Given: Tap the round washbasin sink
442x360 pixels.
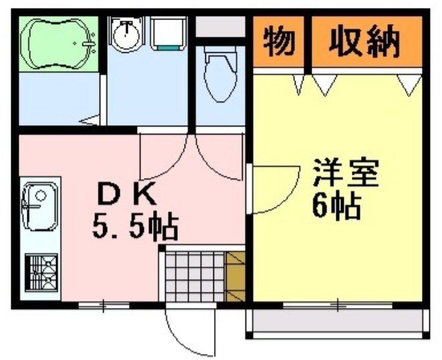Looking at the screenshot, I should click(125, 34).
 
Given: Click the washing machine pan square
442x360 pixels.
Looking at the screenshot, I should click(168, 33).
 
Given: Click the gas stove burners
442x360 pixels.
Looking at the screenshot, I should click(40, 274).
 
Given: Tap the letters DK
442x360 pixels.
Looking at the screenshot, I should click(127, 195).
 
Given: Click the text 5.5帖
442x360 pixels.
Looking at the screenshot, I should click(134, 228).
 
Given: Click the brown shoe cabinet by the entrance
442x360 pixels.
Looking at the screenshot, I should click(236, 274).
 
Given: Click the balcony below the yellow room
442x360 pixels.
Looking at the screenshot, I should click(338, 323).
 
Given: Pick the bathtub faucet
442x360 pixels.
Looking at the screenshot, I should click(89, 44).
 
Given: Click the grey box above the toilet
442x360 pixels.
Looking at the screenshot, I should click(221, 27).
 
